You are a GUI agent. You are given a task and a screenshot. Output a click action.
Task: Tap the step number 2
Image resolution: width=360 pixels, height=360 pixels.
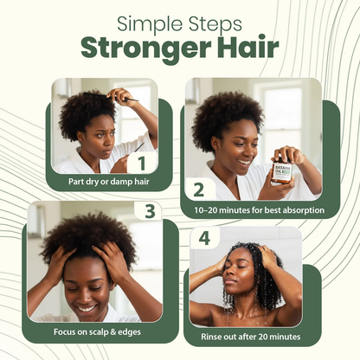click(198, 190)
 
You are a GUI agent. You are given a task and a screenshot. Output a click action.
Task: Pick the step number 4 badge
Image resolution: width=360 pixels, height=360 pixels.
click(204, 236)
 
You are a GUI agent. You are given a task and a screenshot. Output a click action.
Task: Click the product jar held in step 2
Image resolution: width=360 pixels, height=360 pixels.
click(282, 170)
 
